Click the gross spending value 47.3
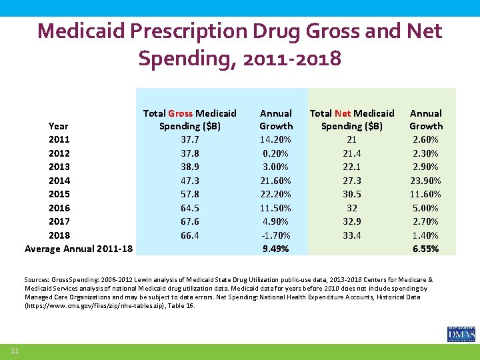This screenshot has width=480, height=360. [190, 180]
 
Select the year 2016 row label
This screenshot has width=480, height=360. [59, 207]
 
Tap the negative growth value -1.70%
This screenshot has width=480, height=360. [275, 235]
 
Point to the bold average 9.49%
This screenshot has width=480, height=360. [275, 249]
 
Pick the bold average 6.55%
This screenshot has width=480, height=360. [425, 249]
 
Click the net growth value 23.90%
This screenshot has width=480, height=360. [425, 180]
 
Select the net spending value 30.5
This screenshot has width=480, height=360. [352, 194]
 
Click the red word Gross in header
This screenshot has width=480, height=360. [180, 113]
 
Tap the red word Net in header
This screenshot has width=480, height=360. [343, 113]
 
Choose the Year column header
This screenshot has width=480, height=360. [59, 125]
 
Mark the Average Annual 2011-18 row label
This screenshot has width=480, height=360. [79, 249]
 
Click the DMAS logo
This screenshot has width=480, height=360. [461, 333]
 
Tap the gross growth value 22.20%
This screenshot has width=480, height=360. [275, 194]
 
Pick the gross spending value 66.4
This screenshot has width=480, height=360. [190, 235]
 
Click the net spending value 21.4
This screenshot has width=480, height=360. [352, 153]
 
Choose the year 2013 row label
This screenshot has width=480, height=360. [59, 167]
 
